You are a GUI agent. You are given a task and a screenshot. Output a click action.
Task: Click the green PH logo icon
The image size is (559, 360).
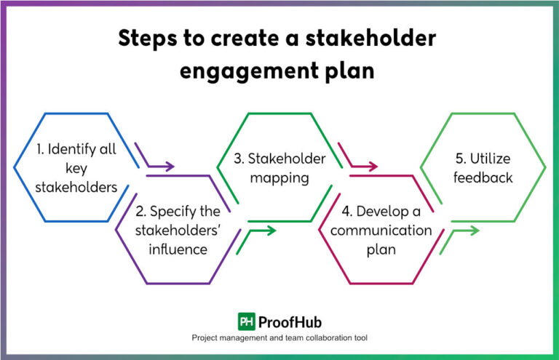tap(246, 321)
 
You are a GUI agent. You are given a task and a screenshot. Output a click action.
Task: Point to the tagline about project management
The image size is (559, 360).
tap(279, 338)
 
